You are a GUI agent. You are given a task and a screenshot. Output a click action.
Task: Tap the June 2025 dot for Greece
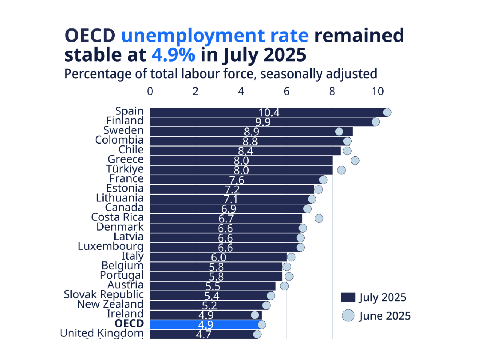pyautogui.click(x=355, y=160)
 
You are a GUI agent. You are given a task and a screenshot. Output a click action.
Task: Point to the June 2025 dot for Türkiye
pyautogui.click(x=341, y=170)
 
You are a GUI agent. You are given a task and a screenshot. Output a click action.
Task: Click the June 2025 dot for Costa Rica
pyautogui.click(x=319, y=218)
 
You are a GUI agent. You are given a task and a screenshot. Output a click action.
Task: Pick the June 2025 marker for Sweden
pyautogui.click(x=339, y=131)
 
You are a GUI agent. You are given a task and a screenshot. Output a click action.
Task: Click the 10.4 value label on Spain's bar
pyautogui.click(x=269, y=112)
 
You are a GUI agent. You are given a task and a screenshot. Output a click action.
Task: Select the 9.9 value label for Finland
pyautogui.click(x=263, y=122)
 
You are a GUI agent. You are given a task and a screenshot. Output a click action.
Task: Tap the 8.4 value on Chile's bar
pyautogui.click(x=246, y=151)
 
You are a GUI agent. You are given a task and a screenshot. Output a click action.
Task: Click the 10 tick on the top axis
pyautogui.click(x=378, y=91)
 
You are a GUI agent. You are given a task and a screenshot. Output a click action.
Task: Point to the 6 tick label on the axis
pyautogui.click(x=286, y=91)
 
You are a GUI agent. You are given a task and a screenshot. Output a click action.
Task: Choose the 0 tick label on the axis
pyautogui.click(x=150, y=91)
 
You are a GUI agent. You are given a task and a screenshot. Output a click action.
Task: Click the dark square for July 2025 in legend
pyautogui.click(x=348, y=297)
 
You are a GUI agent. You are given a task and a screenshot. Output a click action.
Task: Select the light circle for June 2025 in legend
pyautogui.click(x=348, y=316)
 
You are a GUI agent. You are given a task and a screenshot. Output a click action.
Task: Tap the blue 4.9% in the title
pyautogui.click(x=173, y=55)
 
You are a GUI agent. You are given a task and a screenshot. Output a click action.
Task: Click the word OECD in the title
pyautogui.click(x=90, y=36)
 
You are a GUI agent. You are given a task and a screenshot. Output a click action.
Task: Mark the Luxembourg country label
pyautogui.click(x=111, y=246)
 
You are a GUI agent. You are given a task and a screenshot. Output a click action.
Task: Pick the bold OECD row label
pyautogui.click(x=129, y=323)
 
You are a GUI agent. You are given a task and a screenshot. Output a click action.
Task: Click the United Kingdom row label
pyautogui.click(x=102, y=333)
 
